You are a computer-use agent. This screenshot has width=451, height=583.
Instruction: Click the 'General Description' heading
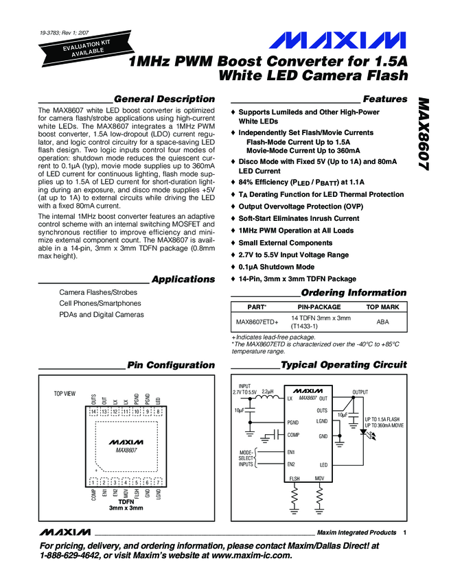click(164, 99)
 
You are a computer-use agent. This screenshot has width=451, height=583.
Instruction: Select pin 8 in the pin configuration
click(159, 412)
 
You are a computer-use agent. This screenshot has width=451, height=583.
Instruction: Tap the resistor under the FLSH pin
click(294, 495)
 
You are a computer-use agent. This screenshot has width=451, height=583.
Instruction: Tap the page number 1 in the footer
click(406, 533)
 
